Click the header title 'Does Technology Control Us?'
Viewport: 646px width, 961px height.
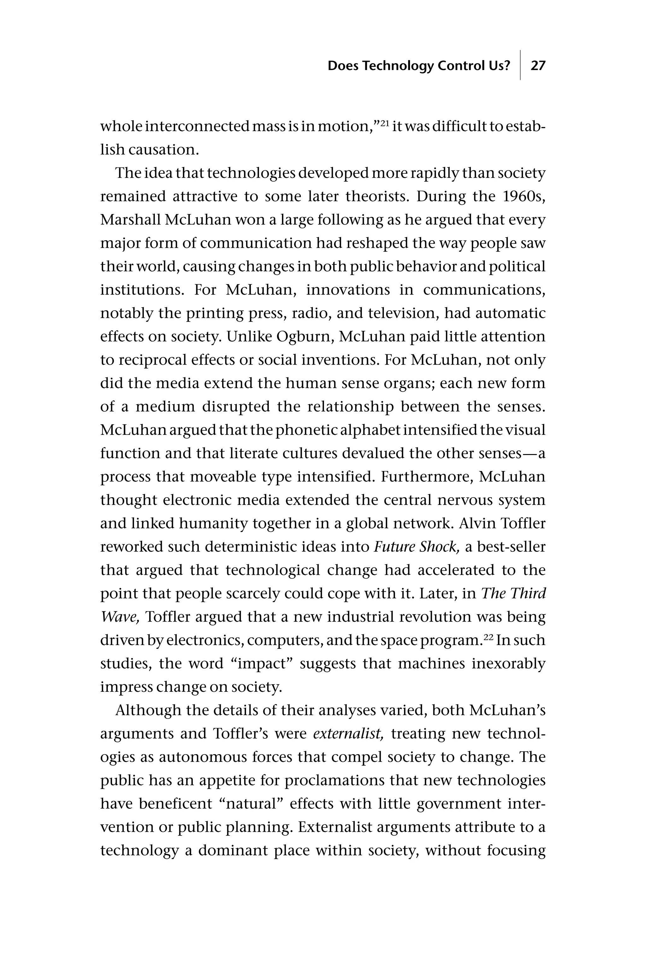[419, 66]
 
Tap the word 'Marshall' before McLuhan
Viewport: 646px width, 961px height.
[130, 220]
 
